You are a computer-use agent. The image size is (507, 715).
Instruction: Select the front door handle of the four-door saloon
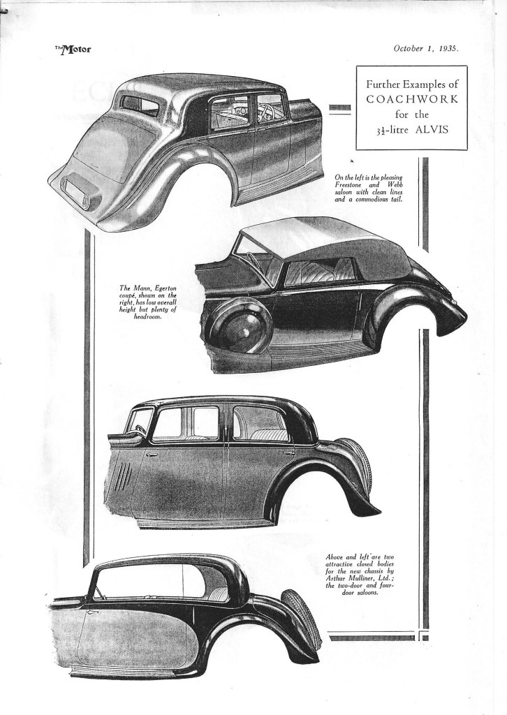[x=152, y=455]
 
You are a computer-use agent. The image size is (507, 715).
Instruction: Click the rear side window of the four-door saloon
[x=260, y=424]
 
